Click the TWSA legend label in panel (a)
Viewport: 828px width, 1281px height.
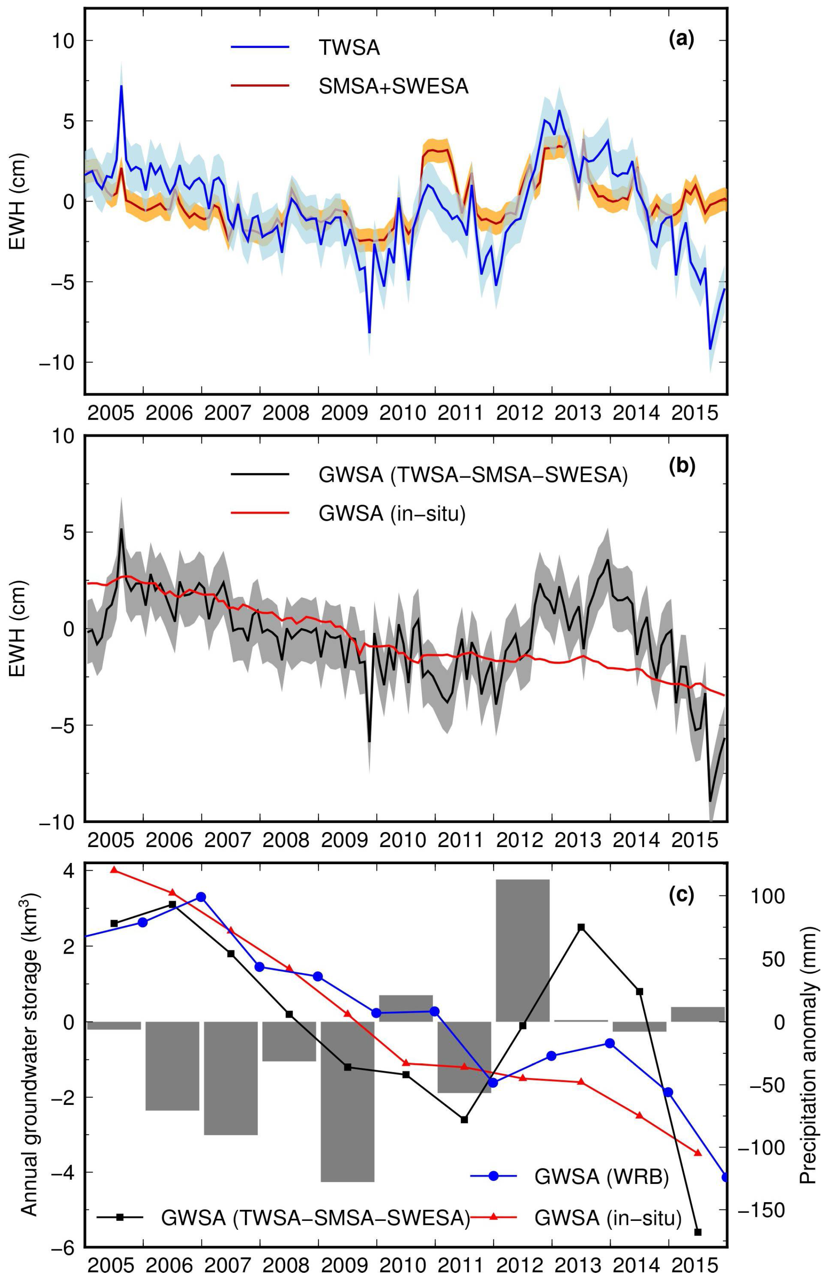349,48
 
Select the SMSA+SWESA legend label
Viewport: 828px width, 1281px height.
393,86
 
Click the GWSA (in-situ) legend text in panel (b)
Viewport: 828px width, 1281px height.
391,514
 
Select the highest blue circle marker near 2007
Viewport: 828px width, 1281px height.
201,897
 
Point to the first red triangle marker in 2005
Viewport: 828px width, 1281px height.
113,869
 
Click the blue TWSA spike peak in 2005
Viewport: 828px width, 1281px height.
121,86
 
